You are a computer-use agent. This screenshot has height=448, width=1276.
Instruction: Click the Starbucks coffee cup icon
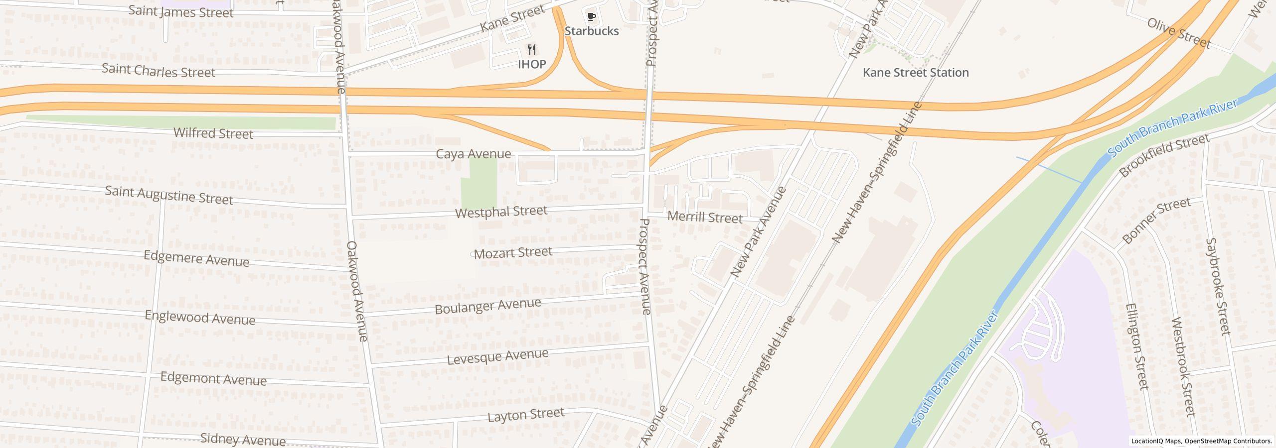591,17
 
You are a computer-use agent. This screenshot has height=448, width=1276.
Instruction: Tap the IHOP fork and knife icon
532,50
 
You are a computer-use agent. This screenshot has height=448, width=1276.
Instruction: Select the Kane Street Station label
916,73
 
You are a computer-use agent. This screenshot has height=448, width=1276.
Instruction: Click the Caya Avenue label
474,154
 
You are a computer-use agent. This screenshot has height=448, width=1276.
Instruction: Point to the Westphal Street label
501,212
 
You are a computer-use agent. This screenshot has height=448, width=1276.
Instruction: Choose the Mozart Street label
513,253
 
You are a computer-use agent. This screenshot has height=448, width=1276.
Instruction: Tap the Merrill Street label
705,218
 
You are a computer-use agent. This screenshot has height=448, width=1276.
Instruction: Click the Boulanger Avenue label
488,306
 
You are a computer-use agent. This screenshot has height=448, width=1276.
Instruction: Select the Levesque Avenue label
497,356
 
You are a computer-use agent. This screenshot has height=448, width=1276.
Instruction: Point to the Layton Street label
526,415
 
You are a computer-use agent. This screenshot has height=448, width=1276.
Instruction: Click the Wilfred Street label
213,133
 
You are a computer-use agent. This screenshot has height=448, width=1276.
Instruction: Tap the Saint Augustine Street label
169,195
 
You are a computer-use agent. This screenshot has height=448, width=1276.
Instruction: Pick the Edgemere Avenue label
196,259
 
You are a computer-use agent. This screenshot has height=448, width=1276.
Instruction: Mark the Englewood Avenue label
200,318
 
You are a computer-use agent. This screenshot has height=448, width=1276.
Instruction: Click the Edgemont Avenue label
213,379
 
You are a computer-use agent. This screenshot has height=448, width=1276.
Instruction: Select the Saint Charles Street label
159,71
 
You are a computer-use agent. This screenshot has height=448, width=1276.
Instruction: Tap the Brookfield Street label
1163,155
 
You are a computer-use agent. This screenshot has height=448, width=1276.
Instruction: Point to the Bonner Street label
1156,221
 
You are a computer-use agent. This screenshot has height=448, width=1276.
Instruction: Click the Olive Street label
1179,33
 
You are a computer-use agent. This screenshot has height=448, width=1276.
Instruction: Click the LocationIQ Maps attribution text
1156,441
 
